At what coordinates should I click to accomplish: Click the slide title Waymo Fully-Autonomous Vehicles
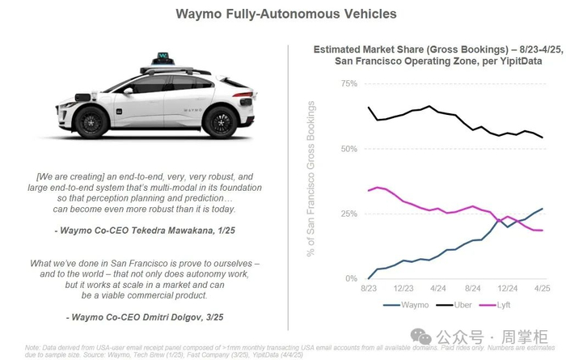pos(281,14)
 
